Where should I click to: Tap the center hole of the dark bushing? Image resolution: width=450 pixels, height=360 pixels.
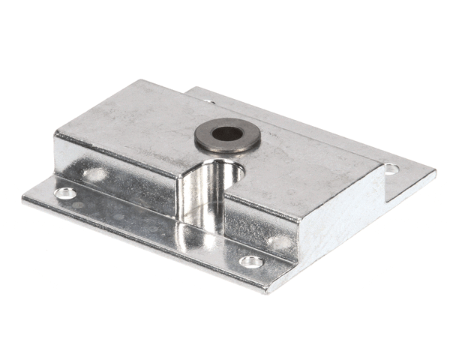[226, 133]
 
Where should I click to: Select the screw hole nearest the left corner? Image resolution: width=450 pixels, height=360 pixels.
[65, 193]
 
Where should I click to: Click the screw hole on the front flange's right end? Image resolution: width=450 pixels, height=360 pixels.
[251, 262]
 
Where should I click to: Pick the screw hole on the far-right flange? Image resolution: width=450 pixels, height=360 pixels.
[391, 169]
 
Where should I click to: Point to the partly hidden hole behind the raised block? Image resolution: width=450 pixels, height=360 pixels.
[208, 100]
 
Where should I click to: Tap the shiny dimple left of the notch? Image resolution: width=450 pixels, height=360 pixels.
[95, 175]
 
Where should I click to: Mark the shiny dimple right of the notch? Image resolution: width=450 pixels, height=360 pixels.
[279, 241]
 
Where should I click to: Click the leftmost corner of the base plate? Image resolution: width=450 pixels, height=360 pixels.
[23, 196]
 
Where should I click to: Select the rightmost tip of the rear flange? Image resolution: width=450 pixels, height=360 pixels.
[435, 172]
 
